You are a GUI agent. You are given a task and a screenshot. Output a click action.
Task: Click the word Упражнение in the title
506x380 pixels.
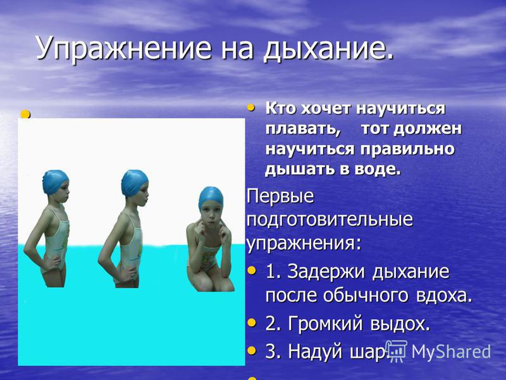[x=124, y=49]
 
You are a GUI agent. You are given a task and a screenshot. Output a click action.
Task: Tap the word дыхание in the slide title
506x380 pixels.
[x=329, y=49]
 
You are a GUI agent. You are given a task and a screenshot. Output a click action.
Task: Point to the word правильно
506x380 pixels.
[x=407, y=149]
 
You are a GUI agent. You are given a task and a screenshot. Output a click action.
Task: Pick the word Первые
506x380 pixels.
[x=280, y=196]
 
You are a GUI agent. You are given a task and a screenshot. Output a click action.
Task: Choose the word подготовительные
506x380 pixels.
[x=330, y=219]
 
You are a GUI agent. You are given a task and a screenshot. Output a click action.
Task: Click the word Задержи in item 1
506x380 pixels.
[x=326, y=272]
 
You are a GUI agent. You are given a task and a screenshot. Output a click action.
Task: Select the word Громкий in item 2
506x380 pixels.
[x=325, y=323]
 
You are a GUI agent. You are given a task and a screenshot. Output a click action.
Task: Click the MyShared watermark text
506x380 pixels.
[x=451, y=351]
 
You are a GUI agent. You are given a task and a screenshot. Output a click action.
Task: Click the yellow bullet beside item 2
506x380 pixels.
[x=252, y=322]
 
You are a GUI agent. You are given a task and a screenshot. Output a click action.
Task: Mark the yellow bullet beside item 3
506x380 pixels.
[x=252, y=350]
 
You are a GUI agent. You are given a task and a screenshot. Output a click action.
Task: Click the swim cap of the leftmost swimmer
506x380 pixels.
[x=55, y=182]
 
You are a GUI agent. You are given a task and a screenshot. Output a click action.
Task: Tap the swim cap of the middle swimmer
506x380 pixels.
[x=134, y=182]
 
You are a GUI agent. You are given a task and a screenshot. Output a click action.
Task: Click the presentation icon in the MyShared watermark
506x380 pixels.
[x=397, y=350]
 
